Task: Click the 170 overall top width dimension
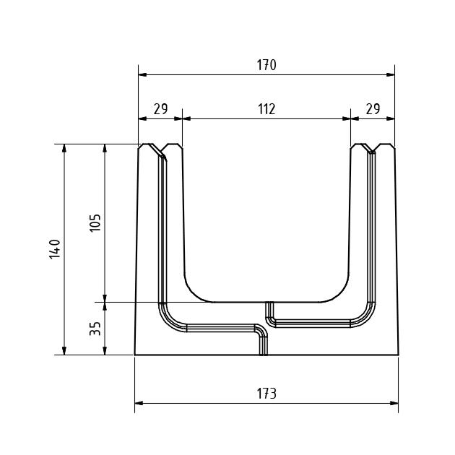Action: click(266, 65)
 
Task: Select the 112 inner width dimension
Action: click(266, 109)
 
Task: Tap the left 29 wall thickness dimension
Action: click(160, 109)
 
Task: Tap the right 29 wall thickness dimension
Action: click(373, 109)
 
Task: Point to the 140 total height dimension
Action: click(55, 249)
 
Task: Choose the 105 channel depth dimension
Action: click(95, 222)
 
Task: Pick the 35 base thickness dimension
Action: click(95, 329)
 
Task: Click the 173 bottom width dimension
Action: click(266, 394)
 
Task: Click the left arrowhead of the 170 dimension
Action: click(142, 74)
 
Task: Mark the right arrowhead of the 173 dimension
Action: click(394, 403)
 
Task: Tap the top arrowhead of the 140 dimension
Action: click(64, 148)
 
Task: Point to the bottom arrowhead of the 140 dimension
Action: click(64, 351)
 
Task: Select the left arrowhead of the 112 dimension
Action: click(186, 118)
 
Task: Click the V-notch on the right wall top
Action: click(373, 149)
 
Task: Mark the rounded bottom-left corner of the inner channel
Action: click(195, 291)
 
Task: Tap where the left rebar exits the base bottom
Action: click(263, 355)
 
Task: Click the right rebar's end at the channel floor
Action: click(270, 303)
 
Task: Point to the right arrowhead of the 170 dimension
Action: click(391, 74)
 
